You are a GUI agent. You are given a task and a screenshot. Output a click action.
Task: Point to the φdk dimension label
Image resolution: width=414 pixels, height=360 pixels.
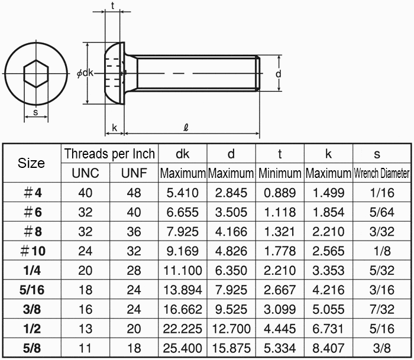click(x=85, y=73)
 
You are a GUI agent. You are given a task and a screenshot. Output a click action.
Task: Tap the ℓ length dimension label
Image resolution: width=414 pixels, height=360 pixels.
click(x=186, y=128)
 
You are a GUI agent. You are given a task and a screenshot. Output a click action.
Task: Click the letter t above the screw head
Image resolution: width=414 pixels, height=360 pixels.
click(x=113, y=5)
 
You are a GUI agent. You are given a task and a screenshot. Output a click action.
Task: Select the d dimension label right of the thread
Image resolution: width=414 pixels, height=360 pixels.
click(x=279, y=74)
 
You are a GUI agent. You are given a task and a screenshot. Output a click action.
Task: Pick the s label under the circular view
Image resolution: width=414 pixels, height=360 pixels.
click(x=35, y=112)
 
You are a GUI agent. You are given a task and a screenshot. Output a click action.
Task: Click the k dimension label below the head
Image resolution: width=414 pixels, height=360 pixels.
click(x=114, y=128)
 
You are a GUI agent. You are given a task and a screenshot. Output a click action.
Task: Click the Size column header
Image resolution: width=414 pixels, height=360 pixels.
click(x=31, y=163)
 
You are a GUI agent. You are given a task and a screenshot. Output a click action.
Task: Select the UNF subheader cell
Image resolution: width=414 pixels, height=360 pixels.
click(x=134, y=173)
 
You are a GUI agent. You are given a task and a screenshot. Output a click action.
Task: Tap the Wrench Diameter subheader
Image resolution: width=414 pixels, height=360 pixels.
click(x=382, y=173)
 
